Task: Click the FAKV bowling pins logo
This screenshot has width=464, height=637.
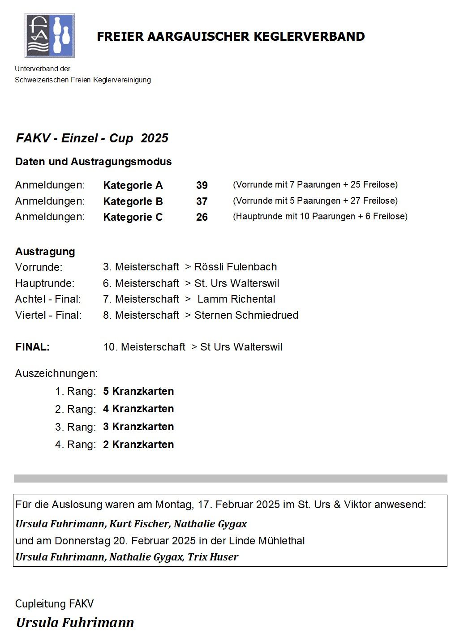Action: (50, 35)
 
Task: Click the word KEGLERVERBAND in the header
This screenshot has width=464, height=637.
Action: (309, 37)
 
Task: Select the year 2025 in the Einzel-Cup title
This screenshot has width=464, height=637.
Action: (155, 138)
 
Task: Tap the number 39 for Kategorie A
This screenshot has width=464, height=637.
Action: (202, 185)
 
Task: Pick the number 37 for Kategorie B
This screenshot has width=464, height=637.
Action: (202, 201)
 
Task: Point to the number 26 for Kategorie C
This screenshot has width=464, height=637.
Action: (202, 217)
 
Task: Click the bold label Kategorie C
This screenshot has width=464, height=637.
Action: (133, 217)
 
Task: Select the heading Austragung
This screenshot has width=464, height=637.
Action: (45, 252)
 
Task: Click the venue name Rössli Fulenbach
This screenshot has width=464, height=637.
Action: (236, 267)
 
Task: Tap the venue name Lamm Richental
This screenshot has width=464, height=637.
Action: (236, 299)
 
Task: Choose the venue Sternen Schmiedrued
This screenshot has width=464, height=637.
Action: (246, 315)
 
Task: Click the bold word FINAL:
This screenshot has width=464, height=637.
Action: (32, 347)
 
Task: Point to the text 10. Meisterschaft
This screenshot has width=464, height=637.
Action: (144, 347)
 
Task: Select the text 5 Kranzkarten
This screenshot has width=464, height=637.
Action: (138, 391)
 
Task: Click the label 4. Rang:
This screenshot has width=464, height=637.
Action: (75, 445)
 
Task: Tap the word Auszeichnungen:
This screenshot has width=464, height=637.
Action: (56, 373)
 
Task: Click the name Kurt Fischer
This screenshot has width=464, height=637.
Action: (139, 524)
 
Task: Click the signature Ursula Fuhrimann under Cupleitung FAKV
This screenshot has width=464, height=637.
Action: (75, 623)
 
